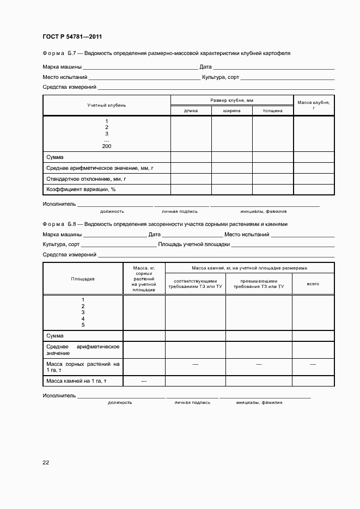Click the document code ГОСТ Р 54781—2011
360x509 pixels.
72,37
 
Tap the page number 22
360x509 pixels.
46,462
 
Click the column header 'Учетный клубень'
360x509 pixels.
107,105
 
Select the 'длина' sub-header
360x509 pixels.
191,111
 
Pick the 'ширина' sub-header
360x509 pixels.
231,111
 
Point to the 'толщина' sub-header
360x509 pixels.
272,111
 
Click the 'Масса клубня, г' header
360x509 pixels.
314,105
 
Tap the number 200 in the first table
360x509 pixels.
107,146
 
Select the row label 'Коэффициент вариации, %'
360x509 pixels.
81,189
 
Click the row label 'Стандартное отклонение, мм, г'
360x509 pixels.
86,179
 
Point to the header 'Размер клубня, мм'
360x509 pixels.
231,100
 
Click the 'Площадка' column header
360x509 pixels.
83,279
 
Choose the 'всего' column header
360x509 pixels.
313,284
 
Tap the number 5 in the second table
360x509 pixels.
83,325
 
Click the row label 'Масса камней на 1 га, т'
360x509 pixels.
76,381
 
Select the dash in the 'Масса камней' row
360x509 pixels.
144,381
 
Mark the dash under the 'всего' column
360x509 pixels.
313,364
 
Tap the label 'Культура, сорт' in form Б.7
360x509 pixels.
221,77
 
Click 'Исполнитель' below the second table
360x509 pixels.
59,396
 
